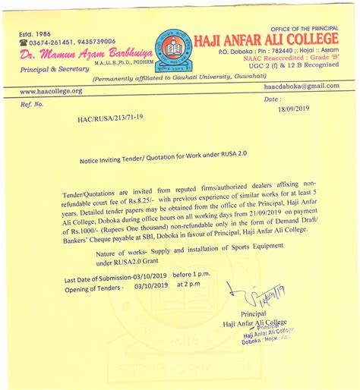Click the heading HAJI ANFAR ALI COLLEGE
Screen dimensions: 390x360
266,39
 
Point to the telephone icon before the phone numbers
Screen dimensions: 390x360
23,42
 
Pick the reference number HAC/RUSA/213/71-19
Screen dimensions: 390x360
109,119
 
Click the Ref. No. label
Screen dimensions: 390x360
33,104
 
